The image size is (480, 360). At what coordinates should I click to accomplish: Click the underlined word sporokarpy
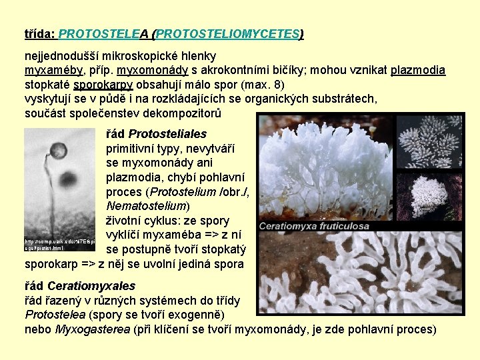[103, 85]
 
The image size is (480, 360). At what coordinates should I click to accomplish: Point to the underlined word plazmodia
[418, 71]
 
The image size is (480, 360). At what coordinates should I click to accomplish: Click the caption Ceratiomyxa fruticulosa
[313, 226]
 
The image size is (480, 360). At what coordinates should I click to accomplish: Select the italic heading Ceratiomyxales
[91, 286]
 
